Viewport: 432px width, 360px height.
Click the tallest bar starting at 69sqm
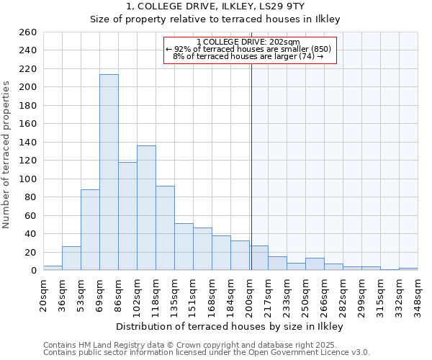109,172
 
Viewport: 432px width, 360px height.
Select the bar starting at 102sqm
146,208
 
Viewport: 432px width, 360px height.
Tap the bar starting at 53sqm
90,230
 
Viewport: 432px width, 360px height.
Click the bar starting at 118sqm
165,228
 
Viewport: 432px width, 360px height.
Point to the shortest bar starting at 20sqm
53,268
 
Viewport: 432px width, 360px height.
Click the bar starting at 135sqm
184,247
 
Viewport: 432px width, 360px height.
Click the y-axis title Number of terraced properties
7,155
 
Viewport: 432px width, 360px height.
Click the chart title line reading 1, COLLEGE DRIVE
215,6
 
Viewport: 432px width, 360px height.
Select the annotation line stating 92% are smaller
248,49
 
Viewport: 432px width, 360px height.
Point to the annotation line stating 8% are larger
248,56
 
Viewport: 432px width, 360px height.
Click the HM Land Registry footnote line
190,345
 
